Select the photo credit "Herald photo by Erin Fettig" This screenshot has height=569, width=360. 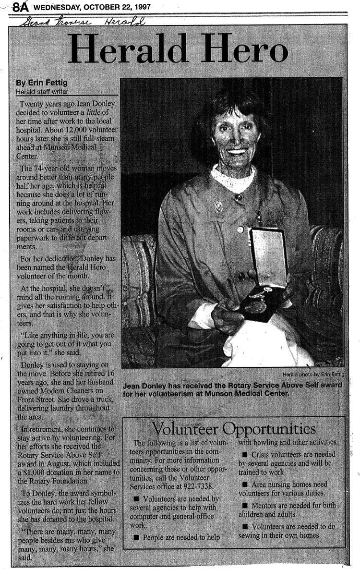(315, 374)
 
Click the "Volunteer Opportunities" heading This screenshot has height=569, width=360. (234, 428)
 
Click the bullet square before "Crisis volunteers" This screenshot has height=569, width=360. (245, 454)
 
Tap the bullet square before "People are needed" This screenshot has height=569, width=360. (137, 538)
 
